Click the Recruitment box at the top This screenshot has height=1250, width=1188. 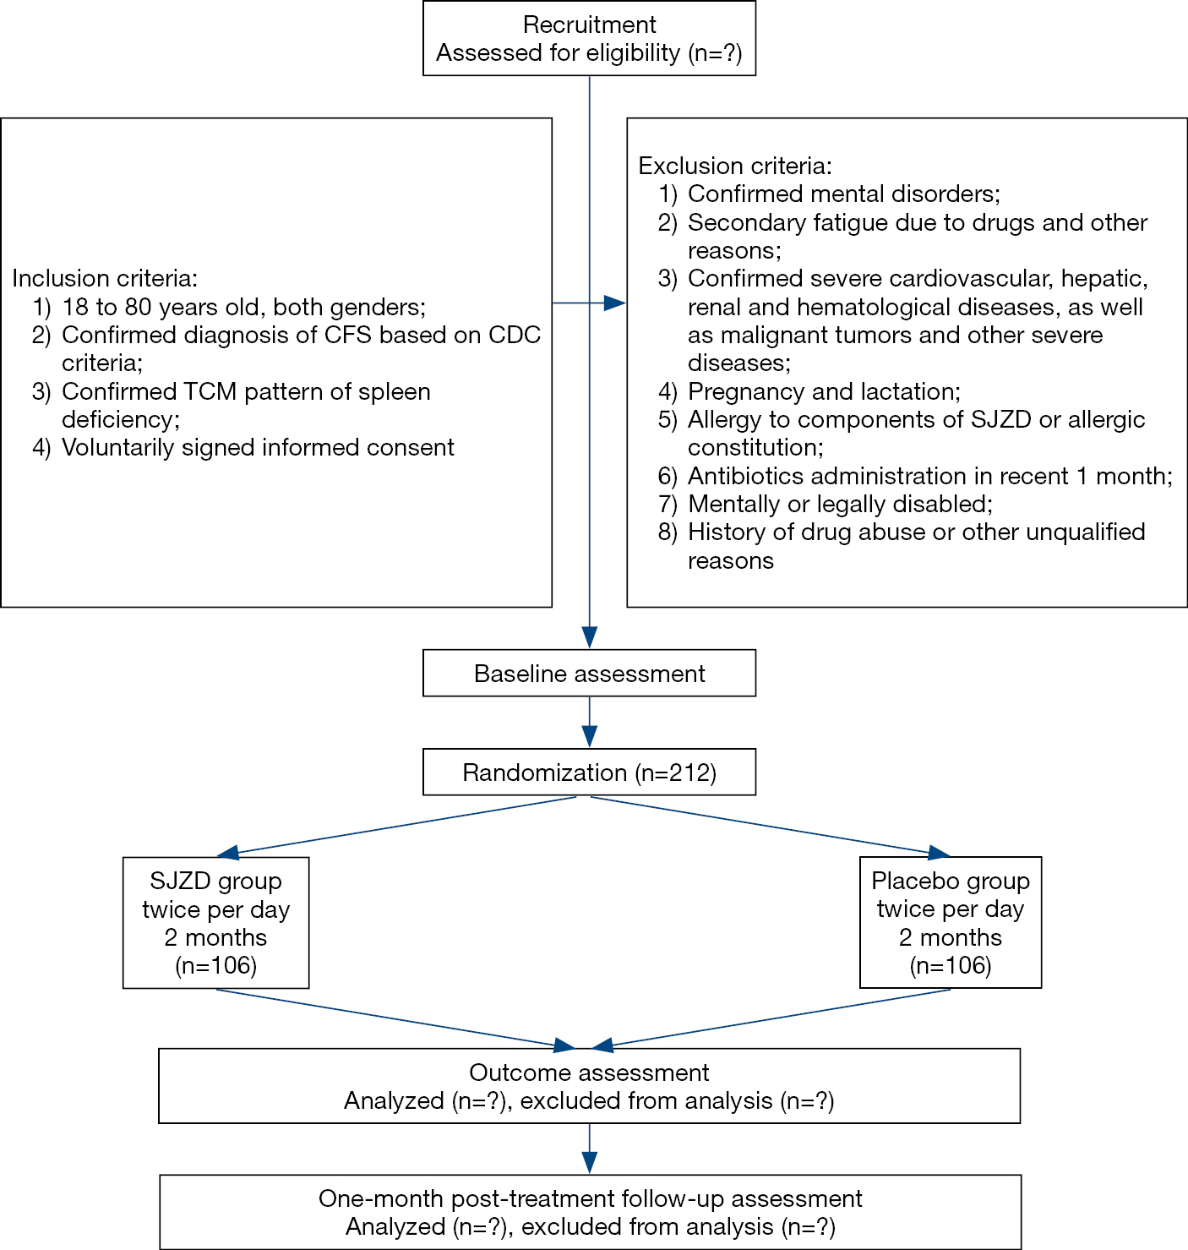point(589,38)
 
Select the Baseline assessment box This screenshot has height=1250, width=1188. point(589,673)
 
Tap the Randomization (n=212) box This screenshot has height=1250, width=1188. point(589,772)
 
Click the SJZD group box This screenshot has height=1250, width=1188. point(216,923)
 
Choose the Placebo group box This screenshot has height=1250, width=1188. point(951,923)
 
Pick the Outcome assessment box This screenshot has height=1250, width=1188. point(589,1086)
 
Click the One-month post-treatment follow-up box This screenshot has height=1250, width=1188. point(590,1212)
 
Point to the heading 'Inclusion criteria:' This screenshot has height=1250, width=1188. point(105,279)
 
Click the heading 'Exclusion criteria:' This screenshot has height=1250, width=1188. point(735,166)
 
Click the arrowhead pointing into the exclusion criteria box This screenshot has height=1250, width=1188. point(614,303)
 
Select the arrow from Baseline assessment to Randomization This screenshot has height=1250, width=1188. point(589,723)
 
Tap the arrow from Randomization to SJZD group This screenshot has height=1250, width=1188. point(396,825)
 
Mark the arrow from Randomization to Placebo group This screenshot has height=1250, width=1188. point(771,825)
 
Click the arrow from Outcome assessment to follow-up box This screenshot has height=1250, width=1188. point(589,1149)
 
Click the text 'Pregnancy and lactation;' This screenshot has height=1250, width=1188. point(824,391)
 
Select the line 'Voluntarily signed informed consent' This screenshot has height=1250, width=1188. point(258,448)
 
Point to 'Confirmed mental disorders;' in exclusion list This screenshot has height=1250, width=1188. point(843,194)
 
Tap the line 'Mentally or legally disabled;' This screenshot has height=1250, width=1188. point(841,505)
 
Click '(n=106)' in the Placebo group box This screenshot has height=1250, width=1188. point(951,965)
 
